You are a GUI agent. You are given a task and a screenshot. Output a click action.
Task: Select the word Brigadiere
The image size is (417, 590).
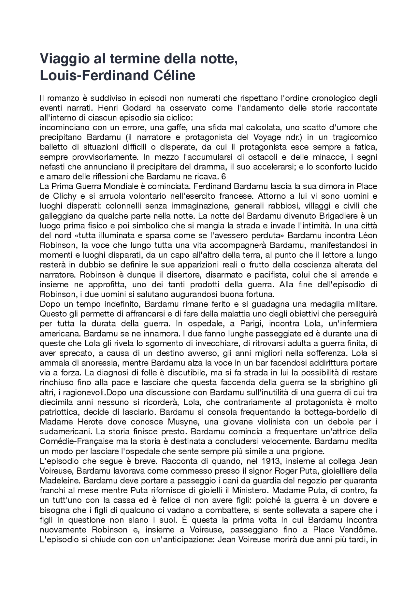[309, 216]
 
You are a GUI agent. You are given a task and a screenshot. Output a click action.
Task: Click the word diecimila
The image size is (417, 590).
[54, 402]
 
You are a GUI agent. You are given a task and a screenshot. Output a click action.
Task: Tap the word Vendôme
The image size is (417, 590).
[359, 530]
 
